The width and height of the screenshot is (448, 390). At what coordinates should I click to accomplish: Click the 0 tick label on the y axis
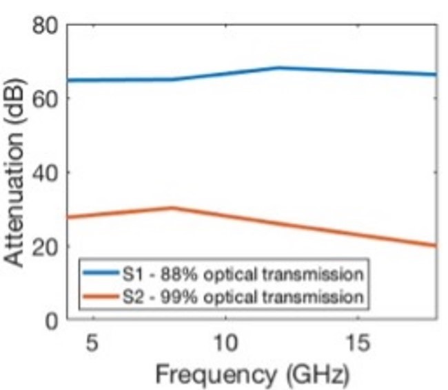52,320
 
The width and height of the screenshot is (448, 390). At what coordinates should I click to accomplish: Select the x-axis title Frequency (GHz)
252,375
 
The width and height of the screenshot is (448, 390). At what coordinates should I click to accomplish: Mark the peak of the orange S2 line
172,208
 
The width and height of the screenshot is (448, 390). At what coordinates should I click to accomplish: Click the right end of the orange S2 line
435,246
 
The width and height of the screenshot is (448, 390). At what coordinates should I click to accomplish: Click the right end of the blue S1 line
435,74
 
